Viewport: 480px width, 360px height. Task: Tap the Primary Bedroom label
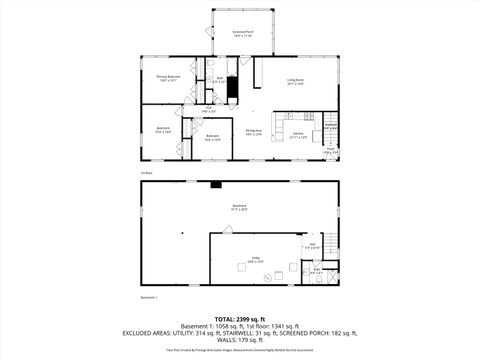[x=168, y=77]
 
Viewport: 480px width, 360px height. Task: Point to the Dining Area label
[x=254, y=132]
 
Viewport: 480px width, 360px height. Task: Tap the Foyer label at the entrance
[x=329, y=152]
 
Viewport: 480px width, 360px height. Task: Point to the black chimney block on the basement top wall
[x=215, y=185]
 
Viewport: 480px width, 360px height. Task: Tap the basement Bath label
[x=317, y=270]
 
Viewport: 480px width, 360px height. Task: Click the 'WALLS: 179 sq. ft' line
[x=239, y=338]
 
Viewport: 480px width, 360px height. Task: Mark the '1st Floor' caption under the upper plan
[x=147, y=173]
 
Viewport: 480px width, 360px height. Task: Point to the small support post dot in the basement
[x=182, y=232]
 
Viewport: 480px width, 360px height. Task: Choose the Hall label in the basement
[x=312, y=245]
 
